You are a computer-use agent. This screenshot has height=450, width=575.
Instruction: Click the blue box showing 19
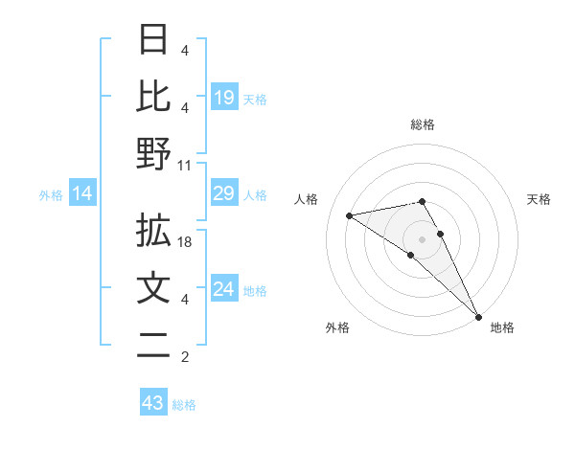224,97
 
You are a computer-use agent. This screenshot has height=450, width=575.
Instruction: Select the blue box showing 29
224,194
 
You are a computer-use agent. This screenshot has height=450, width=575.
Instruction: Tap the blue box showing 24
224,289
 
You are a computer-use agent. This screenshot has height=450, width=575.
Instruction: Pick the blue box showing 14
82,194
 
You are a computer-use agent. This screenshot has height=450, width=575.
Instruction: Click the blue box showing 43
152,403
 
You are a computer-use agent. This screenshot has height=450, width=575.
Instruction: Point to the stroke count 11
185,165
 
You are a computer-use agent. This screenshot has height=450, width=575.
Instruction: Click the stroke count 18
186,244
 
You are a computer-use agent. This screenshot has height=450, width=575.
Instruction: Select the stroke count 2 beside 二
185,357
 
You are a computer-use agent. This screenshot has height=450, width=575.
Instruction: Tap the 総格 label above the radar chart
423,124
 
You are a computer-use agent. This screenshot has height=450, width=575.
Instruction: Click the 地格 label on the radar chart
502,327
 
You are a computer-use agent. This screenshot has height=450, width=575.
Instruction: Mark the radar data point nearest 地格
477,315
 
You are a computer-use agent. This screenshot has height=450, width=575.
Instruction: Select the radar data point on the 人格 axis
350,215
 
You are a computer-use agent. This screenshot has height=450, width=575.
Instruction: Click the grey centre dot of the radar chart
423,238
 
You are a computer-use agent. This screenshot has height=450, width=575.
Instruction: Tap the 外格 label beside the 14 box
51,195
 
